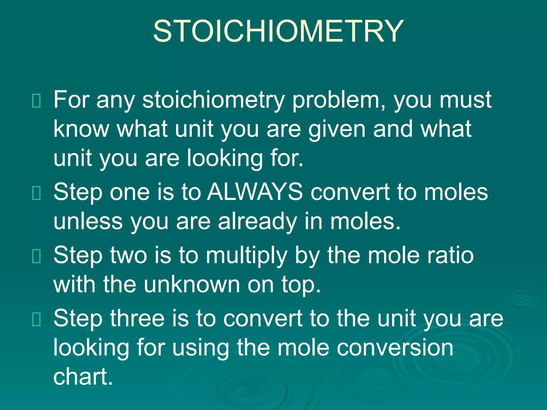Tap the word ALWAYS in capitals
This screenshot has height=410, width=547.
[x=255, y=192]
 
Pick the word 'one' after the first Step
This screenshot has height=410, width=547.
[x=130, y=192]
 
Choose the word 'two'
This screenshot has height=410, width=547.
[x=128, y=255]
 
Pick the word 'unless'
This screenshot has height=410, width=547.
[x=88, y=222]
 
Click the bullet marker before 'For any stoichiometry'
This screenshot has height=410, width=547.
[x=36, y=101]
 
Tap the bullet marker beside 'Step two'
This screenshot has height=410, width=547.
[x=36, y=256]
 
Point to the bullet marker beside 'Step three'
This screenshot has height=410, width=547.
[x=36, y=319]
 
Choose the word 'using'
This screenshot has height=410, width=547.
[x=200, y=348]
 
